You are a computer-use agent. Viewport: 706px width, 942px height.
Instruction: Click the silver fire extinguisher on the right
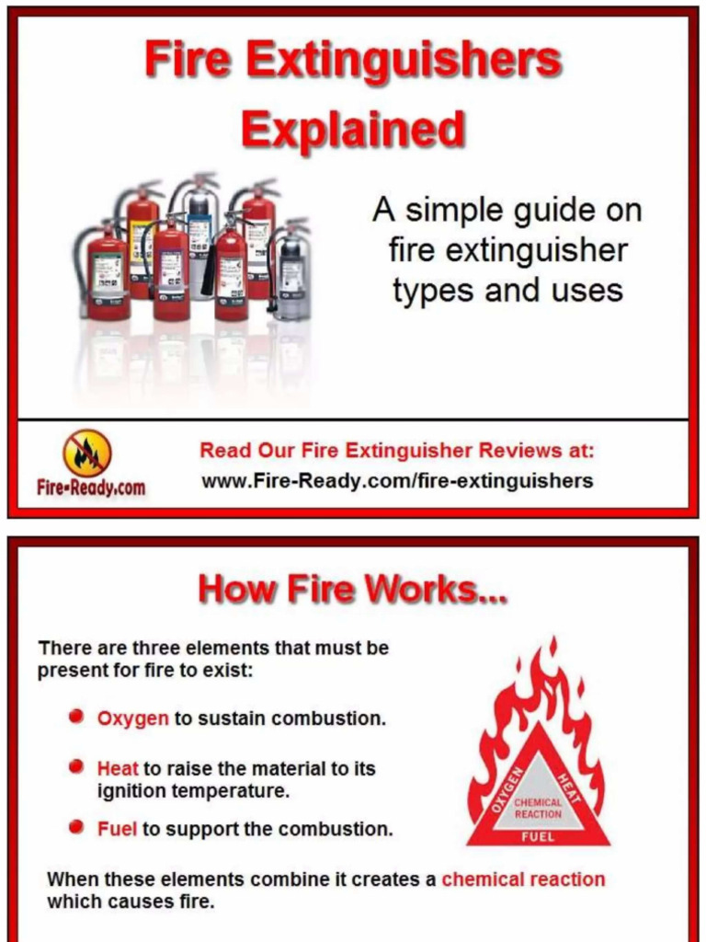[292, 272]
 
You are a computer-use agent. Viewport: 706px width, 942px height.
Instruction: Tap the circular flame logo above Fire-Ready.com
[87, 454]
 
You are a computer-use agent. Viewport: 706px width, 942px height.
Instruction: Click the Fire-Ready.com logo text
[91, 488]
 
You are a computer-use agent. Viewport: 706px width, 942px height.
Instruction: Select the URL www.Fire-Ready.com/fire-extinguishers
[397, 480]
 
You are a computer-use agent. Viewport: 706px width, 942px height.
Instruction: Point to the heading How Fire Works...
[352, 590]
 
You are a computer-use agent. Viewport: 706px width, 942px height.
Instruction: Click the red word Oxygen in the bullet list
[133, 718]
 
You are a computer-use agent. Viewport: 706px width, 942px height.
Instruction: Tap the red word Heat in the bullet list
[118, 768]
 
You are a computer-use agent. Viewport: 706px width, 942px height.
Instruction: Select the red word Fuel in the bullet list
[117, 829]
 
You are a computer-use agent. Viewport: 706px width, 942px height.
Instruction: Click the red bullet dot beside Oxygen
[76, 717]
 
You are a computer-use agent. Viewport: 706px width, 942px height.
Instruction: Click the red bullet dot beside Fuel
[76, 827]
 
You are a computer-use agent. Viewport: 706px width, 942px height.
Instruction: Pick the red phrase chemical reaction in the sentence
[523, 879]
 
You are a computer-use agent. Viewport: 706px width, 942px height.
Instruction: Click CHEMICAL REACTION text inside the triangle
[538, 808]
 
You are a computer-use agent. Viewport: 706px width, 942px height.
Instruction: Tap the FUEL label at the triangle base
[538, 837]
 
